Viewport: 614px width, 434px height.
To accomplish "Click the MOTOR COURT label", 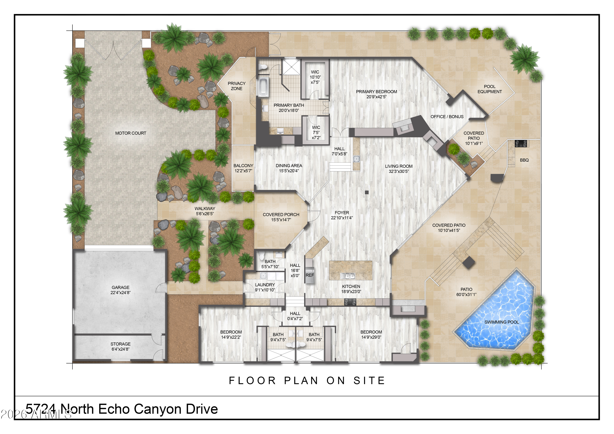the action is pyautogui.click(x=131, y=133).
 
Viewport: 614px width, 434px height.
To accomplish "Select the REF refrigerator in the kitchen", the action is pyautogui.click(x=309, y=275).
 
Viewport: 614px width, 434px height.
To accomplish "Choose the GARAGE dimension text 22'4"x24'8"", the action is pyautogui.click(x=120, y=293).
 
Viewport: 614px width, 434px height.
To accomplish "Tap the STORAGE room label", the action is pyautogui.click(x=120, y=344).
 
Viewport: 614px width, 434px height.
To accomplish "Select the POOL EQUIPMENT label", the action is pyautogui.click(x=490, y=89).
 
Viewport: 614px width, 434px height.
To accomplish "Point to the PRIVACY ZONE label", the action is pyautogui.click(x=236, y=86).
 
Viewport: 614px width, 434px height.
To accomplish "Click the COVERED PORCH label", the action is pyautogui.click(x=281, y=214).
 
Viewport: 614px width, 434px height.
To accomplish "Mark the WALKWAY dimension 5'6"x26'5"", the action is pyautogui.click(x=205, y=214).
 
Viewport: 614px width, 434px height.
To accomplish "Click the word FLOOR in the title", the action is pyautogui.click(x=252, y=381).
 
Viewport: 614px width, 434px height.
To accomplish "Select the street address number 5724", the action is pyautogui.click(x=41, y=409).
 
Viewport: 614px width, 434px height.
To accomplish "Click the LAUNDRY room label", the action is pyautogui.click(x=265, y=285).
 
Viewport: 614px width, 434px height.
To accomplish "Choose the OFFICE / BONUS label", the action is pyautogui.click(x=447, y=117).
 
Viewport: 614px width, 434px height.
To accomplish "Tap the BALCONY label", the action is pyautogui.click(x=243, y=166).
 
